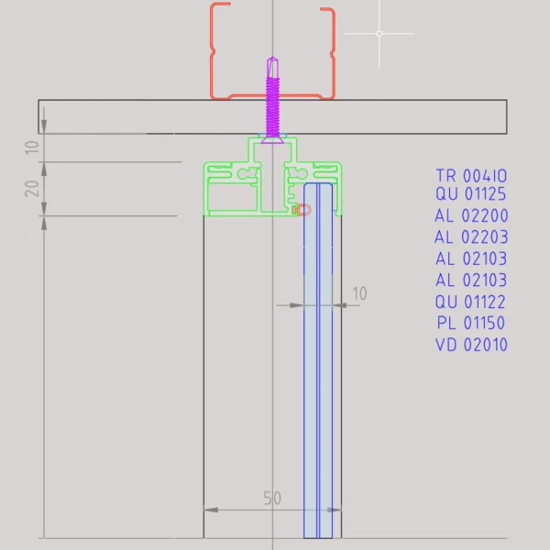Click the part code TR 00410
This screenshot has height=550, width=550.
point(471,175)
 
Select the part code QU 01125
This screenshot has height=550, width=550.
point(471,194)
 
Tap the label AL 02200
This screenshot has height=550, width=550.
point(471,217)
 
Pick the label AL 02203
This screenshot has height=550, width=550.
point(471,237)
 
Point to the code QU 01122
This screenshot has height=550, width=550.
point(471,302)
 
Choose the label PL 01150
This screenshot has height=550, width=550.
point(471,323)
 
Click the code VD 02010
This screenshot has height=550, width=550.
point(471,345)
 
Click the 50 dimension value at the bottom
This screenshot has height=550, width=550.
point(272,499)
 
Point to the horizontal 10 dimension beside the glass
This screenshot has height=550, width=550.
point(358,293)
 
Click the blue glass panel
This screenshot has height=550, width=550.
point(319,367)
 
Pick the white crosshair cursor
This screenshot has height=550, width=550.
point(379,33)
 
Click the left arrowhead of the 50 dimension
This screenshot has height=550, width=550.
point(206,509)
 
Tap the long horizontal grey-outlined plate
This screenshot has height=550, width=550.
point(137,116)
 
